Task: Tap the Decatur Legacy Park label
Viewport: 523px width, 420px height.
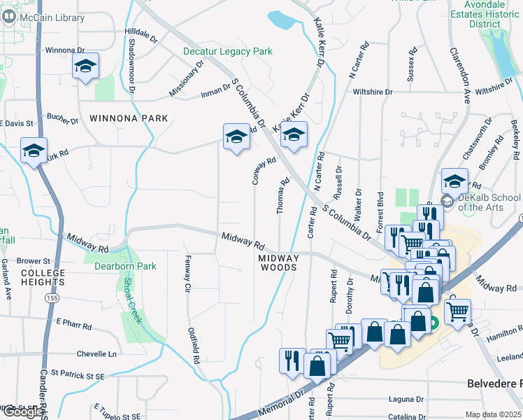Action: pos(227,52)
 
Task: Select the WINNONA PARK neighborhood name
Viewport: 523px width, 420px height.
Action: pos(124,118)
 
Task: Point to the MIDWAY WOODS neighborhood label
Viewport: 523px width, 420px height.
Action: pos(279,262)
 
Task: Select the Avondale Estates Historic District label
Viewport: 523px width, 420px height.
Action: pos(485,14)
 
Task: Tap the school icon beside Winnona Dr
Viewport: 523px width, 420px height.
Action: pos(85,67)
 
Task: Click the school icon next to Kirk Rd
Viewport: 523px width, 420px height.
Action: pos(34,151)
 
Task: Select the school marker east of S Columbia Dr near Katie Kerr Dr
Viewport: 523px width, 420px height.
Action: pos(294,136)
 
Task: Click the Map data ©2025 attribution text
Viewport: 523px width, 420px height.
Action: pos(493,414)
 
